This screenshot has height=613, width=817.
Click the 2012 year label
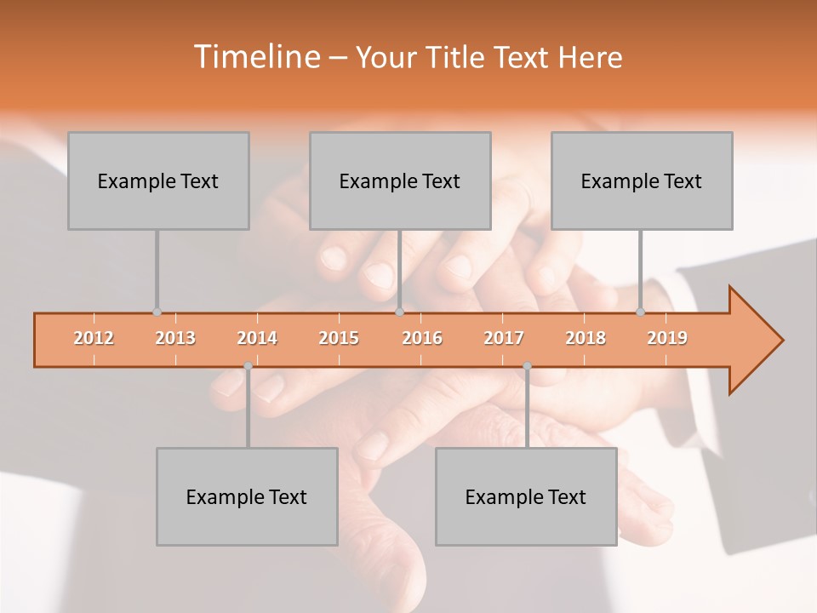coord(94,338)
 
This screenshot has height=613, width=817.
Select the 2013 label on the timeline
coord(175,338)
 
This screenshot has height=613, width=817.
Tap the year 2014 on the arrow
coord(257,338)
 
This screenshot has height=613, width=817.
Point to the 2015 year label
coord(339,338)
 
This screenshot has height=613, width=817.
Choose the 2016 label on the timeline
coord(422,338)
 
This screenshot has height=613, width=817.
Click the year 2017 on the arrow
coord(504,338)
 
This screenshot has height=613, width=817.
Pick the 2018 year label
coord(586,338)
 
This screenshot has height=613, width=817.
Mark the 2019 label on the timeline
coord(667,338)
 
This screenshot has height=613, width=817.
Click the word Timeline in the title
coord(255,57)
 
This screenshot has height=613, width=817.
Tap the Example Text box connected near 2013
coord(158,180)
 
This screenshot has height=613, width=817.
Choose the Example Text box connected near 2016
coord(400,180)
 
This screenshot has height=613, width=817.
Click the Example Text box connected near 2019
coord(642,180)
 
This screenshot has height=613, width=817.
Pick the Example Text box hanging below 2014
coord(247,496)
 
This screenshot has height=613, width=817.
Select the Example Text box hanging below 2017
coord(526,496)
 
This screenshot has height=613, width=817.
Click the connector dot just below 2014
coord(248,366)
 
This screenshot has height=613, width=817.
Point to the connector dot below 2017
coord(527,366)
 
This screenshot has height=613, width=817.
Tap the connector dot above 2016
coord(399,312)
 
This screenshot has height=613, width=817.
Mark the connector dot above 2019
coord(641,312)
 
